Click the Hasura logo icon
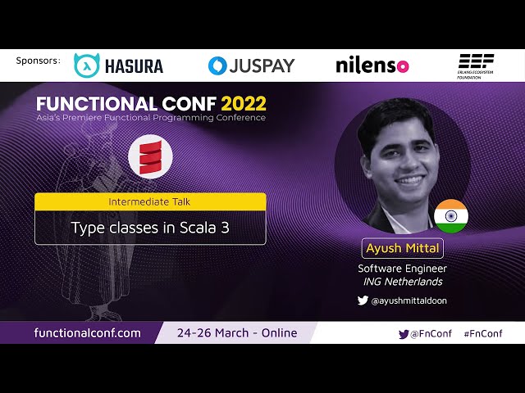point(86,65)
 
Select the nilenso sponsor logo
point(372,65)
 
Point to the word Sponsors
point(38,61)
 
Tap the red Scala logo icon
point(150,158)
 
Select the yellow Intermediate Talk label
point(150,201)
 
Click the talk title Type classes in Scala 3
point(150,228)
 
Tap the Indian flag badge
point(450,215)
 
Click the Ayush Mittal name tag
point(402,248)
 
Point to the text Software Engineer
point(402,268)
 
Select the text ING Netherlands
point(402,282)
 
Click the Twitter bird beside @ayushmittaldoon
point(363,300)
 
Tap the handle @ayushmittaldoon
point(409,300)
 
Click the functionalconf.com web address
point(88,332)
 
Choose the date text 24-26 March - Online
point(237,332)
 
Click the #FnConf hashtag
point(482,333)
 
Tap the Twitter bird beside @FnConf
point(404,333)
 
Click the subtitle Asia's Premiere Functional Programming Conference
point(150,118)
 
